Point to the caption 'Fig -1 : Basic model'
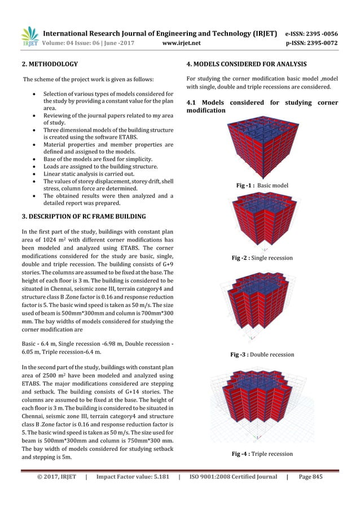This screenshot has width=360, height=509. (262, 185)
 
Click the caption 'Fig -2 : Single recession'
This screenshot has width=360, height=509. (262, 258)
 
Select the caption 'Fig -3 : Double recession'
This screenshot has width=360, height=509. (262, 354)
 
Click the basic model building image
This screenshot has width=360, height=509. (262, 150)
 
